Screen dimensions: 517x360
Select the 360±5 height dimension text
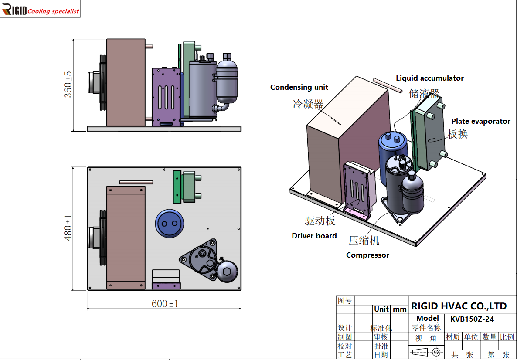[x=68, y=85]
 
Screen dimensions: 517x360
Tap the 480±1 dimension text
[x=68, y=228]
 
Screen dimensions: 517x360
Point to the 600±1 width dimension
[x=165, y=303]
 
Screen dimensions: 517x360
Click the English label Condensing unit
[x=299, y=87]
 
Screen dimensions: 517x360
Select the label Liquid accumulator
[x=430, y=78]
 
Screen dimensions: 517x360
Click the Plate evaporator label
[x=481, y=121]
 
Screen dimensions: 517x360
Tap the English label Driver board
[x=314, y=236]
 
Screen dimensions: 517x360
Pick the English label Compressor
[x=367, y=255]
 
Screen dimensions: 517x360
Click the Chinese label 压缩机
[x=364, y=240]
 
